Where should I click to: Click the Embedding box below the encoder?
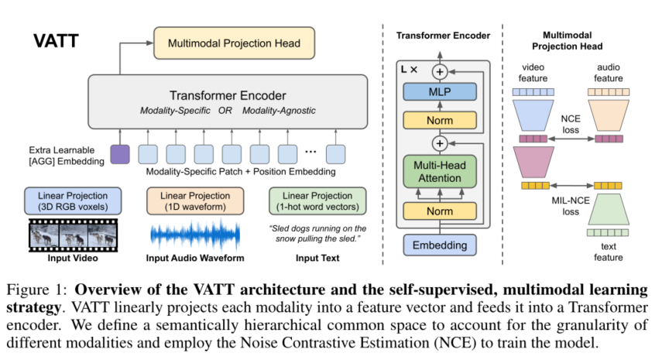click(x=440, y=246)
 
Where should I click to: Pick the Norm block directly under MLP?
click(x=440, y=121)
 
